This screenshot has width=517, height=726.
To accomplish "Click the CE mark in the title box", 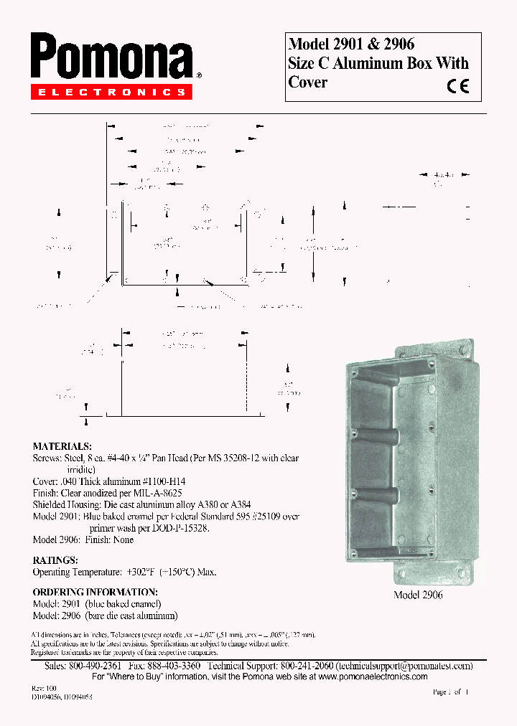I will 457,86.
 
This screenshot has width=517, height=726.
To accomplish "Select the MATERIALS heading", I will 62,446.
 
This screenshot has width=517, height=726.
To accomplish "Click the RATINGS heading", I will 55,560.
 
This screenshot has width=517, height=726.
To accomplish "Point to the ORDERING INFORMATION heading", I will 95,592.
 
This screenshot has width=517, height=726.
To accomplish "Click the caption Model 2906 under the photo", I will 418,595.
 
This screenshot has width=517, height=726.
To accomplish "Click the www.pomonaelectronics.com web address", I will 373,676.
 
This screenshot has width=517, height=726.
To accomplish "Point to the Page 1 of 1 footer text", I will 450,692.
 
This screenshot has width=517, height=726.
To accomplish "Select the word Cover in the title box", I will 307,82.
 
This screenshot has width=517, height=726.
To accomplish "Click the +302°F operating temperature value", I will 140,572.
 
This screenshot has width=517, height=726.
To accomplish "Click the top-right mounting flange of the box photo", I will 466,351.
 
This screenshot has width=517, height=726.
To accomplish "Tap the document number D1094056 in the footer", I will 47,697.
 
